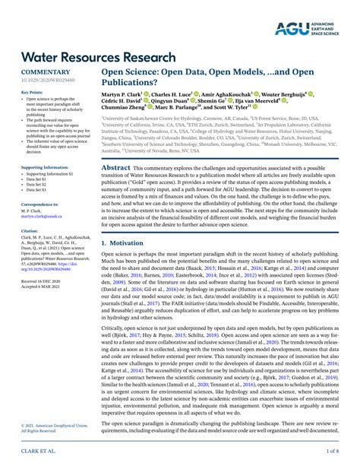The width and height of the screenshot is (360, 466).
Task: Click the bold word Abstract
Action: (x=116, y=146)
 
